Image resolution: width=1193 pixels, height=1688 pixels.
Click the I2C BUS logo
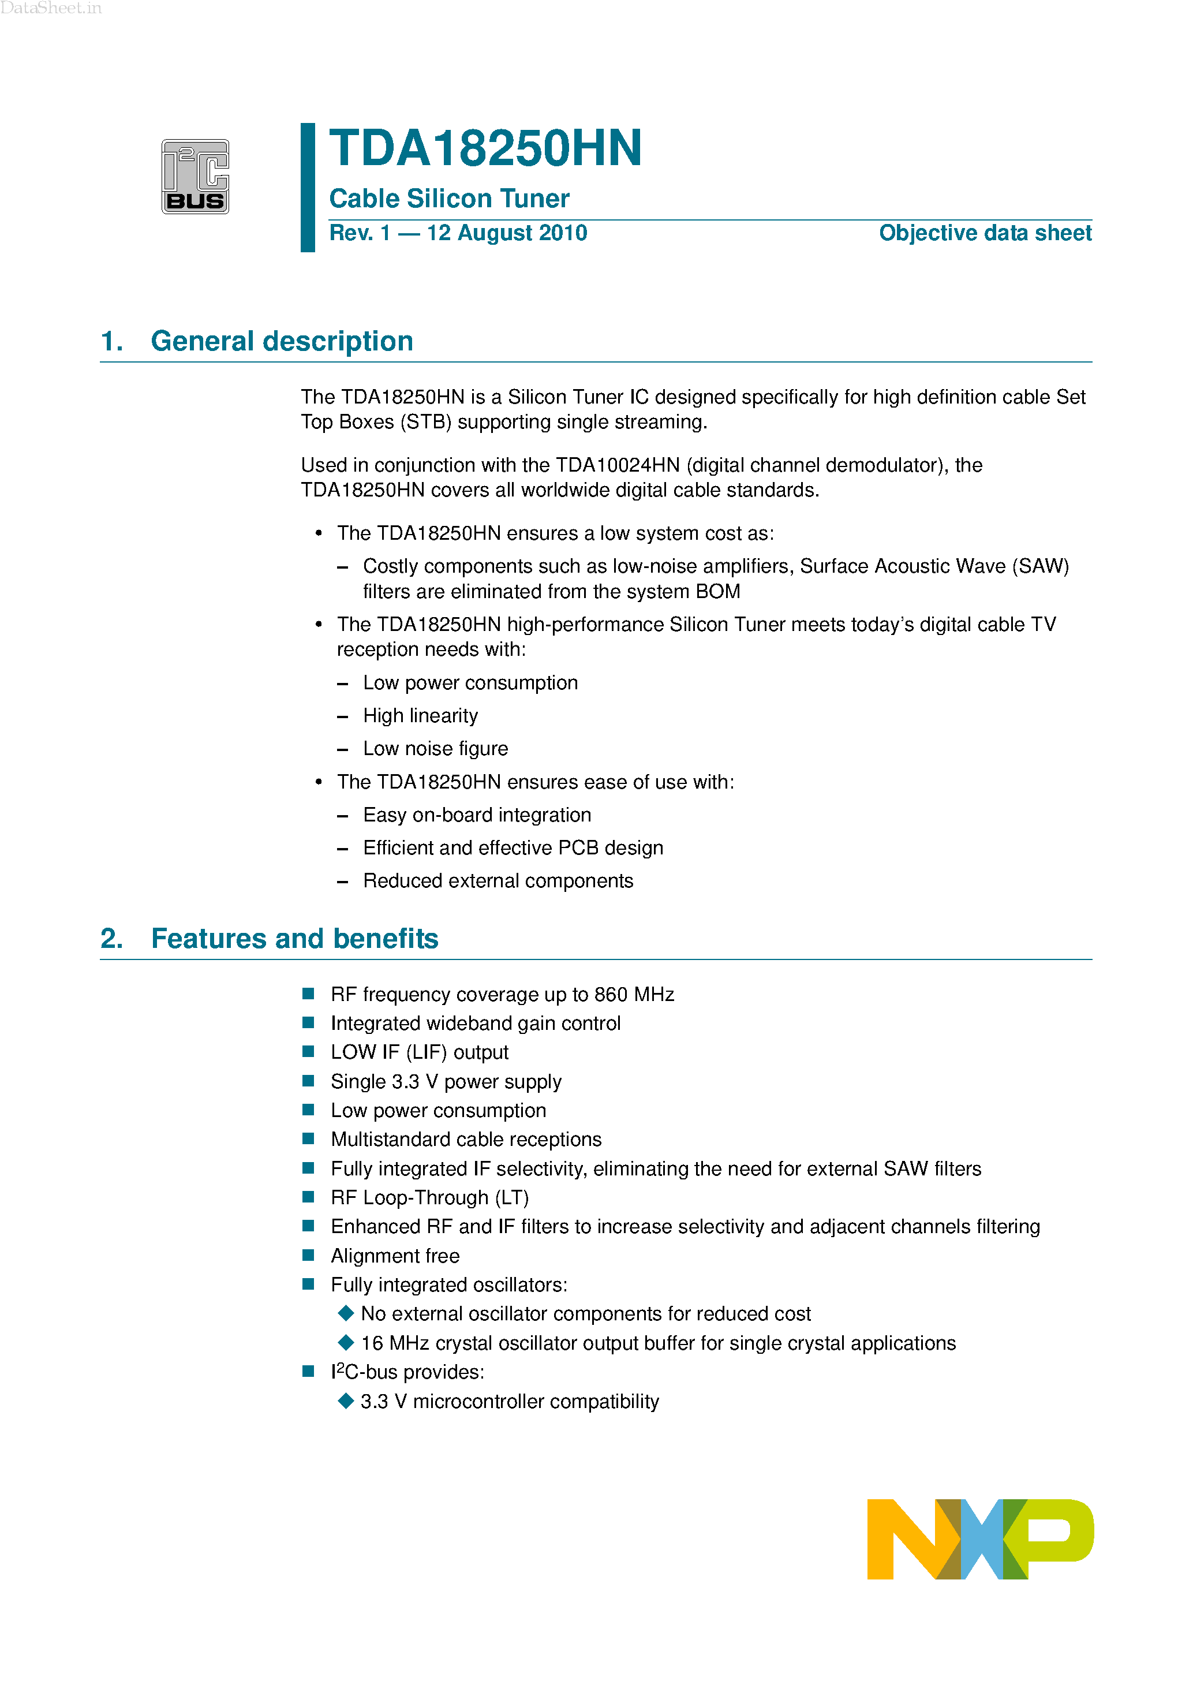pos(195,177)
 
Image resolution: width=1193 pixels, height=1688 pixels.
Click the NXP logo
pos(980,1538)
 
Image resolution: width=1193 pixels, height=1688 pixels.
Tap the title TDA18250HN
pos(485,148)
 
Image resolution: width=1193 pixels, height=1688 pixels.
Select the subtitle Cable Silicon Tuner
pos(449,199)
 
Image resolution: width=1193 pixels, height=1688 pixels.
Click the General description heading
pos(282,341)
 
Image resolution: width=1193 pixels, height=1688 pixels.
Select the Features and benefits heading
pos(294,939)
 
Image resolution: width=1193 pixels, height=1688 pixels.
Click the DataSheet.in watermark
pos(51,8)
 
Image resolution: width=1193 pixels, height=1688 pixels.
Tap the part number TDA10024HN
pos(618,465)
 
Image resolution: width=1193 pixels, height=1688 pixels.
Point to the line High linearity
pos(420,715)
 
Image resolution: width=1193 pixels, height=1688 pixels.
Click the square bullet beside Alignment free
pos(309,1255)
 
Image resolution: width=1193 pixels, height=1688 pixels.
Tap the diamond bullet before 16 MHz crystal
pos(346,1342)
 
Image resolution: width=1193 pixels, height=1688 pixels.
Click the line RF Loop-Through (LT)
pos(429,1198)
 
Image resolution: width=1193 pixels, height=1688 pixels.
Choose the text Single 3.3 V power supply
pos(446,1081)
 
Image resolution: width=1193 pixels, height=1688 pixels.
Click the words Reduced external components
pos(498,881)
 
